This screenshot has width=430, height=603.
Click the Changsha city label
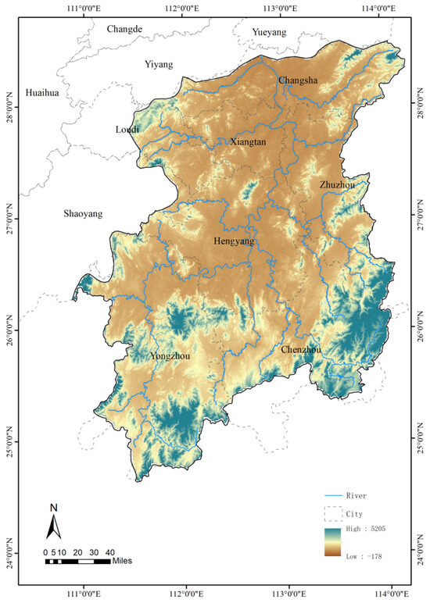point(298,80)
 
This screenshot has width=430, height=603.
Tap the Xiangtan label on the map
point(249,142)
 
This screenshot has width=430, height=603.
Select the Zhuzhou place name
point(337,185)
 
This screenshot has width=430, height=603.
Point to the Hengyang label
point(234,242)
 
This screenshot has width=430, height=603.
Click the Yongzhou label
point(170,356)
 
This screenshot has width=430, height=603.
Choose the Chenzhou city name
point(301,349)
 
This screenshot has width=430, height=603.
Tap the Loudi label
point(127,129)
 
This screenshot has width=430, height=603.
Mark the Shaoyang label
point(83,214)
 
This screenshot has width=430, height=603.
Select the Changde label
point(124,29)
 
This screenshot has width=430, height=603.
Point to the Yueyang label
point(269,32)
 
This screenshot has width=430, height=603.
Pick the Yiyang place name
point(159,65)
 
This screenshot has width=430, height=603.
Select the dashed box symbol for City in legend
point(334,513)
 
